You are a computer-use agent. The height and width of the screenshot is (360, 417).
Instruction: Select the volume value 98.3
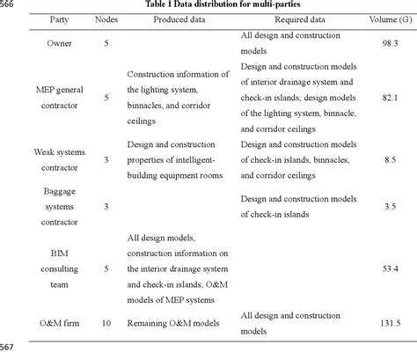coord(389,43)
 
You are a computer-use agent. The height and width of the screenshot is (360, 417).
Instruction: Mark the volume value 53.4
coord(389,268)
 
